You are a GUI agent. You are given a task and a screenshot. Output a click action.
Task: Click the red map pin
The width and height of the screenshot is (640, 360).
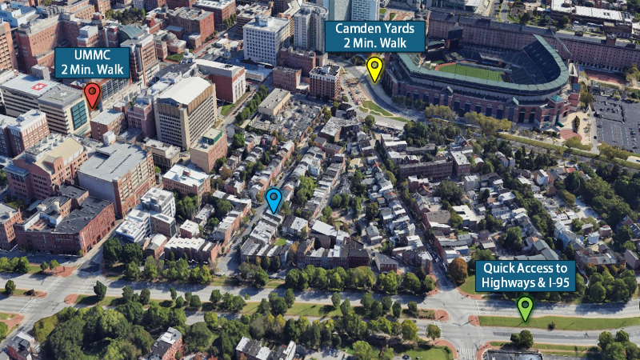coord(92,94)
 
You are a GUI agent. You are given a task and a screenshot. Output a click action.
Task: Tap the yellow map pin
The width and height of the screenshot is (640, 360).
coord(374,68)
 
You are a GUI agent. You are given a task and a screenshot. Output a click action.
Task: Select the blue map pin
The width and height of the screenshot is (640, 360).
coord(274,198)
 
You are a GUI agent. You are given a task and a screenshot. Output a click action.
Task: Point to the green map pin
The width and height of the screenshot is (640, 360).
coord(524,306)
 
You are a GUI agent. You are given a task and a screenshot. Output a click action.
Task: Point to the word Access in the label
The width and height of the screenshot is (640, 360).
coord(535,268)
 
